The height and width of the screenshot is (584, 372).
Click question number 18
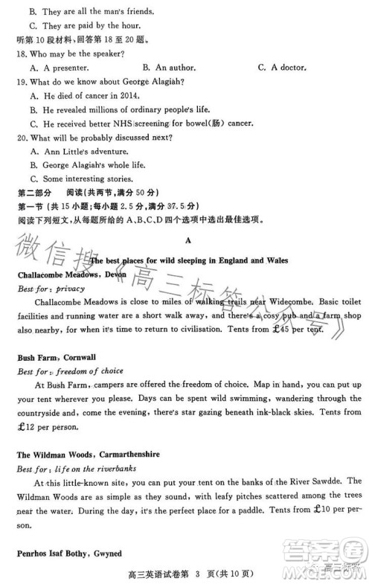(22, 54)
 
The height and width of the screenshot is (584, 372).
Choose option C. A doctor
(283, 68)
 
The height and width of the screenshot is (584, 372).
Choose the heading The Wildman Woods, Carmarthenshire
(89, 454)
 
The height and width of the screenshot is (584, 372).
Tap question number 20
(22, 136)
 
